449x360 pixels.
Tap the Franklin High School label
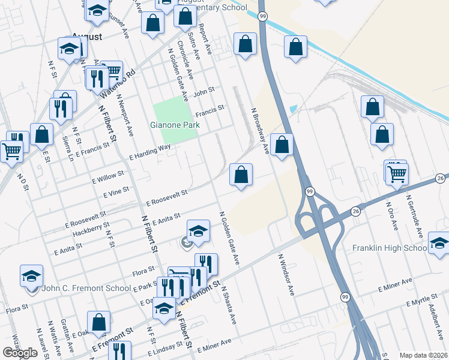[x=389, y=248]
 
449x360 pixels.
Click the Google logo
[x=20, y=353]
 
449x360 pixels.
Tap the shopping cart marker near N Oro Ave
[x=397, y=173]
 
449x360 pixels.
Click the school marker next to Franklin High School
[x=439, y=242]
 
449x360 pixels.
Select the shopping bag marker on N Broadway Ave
[x=282, y=145]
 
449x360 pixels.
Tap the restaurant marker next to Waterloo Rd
[x=95, y=77]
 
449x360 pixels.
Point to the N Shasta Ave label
[x=229, y=304]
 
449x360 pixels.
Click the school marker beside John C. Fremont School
[x=31, y=275]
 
